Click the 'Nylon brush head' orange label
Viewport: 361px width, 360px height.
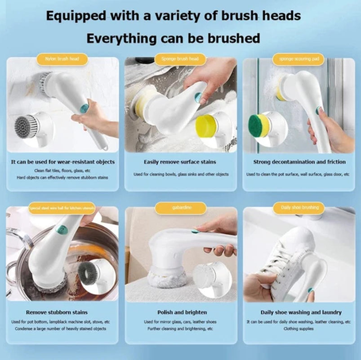[62, 59]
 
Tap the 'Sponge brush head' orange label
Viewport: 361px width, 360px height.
[180, 59]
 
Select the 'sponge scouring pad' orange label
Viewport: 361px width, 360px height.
[298, 59]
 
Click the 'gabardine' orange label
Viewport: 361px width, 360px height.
[180, 208]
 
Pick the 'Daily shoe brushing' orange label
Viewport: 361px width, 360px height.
[299, 207]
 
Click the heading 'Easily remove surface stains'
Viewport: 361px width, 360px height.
[180, 162]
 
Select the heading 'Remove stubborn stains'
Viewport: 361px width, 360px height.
[63, 312]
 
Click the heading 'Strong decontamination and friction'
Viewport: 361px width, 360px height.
[299, 162]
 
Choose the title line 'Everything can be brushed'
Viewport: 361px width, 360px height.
[173, 38]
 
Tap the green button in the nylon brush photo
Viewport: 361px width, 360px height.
[84, 108]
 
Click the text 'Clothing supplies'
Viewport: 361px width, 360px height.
[299, 329]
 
